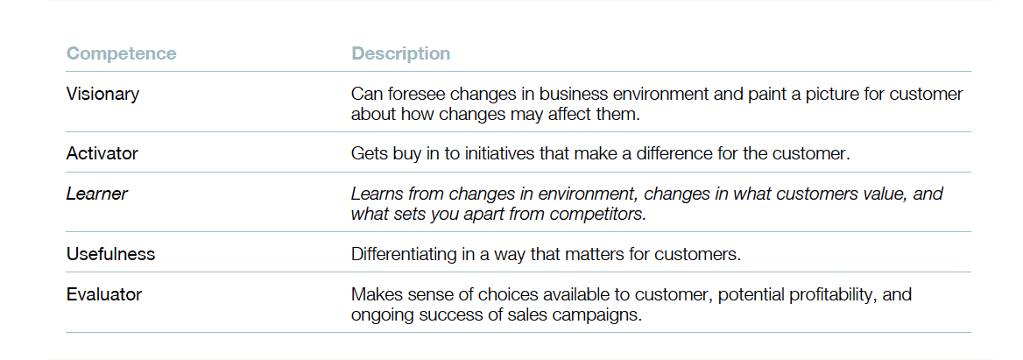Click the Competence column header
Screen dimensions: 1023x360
click(x=122, y=53)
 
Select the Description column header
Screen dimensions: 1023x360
click(x=400, y=53)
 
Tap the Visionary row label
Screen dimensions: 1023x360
click(x=102, y=94)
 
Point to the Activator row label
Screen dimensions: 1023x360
click(x=102, y=154)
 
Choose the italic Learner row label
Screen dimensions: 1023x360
click(x=97, y=194)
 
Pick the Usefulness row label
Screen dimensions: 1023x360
click(x=111, y=254)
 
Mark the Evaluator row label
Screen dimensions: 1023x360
click(x=103, y=294)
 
